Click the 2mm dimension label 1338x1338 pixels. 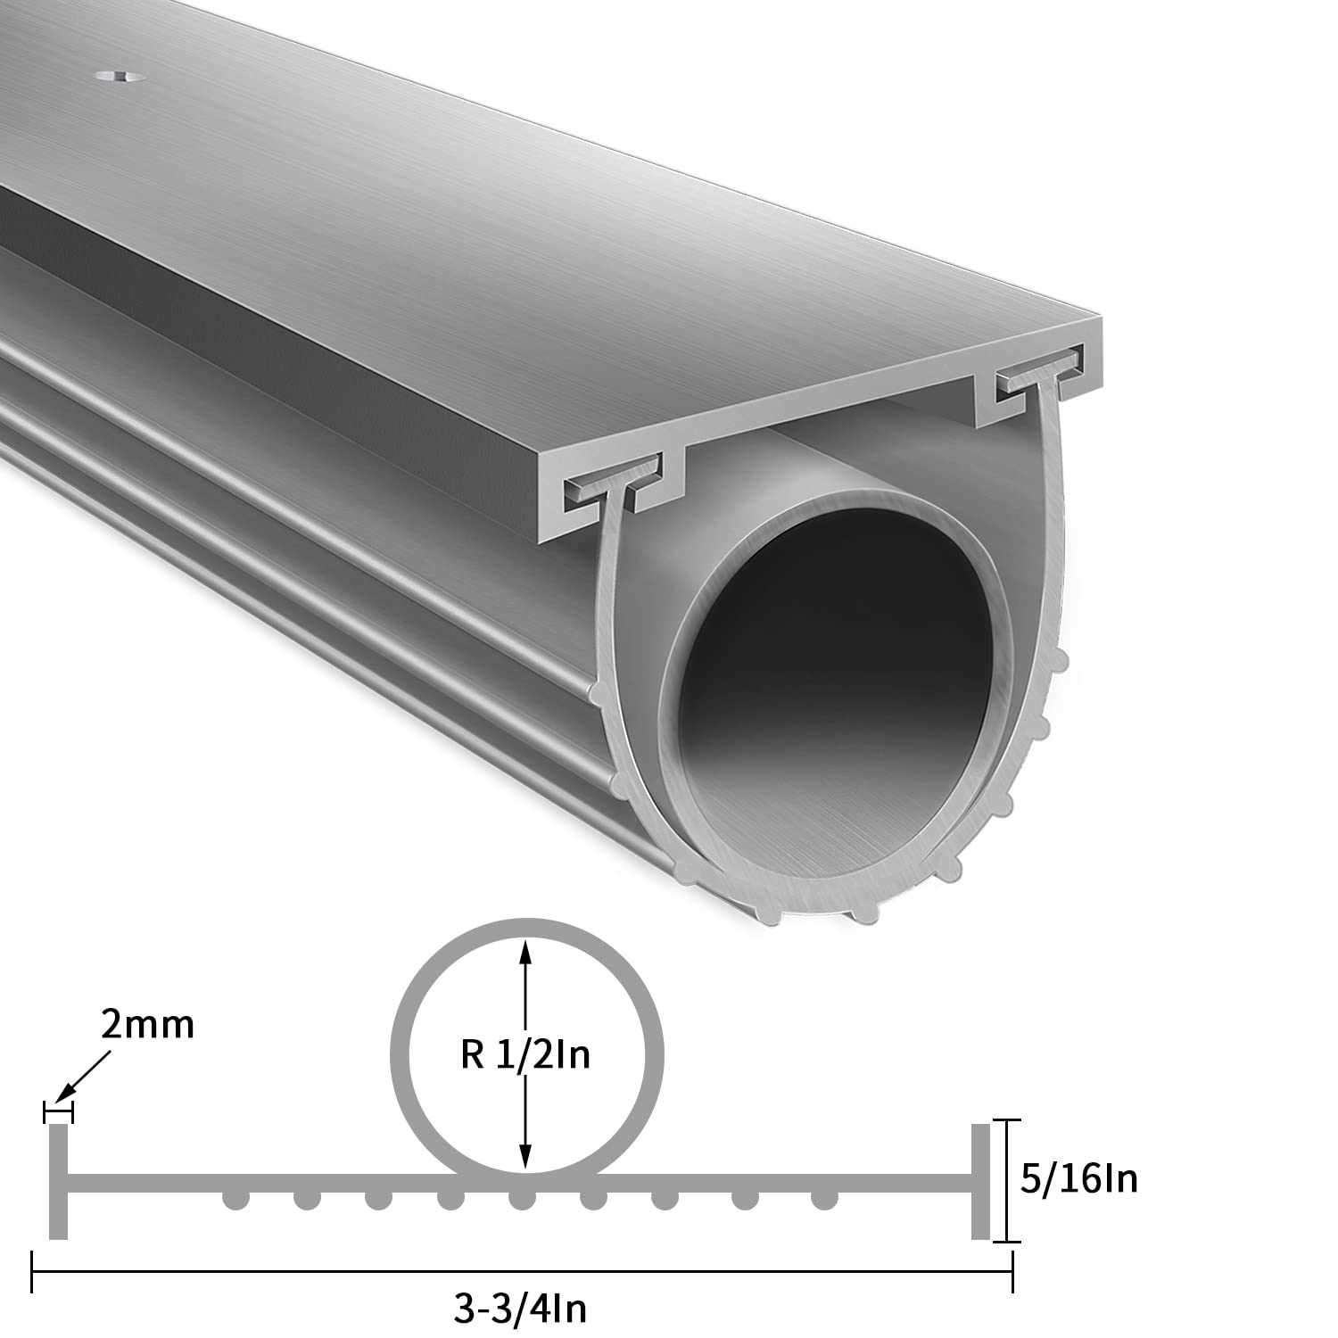pyautogui.click(x=147, y=1025)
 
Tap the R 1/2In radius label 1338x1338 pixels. pyautogui.click(x=526, y=1056)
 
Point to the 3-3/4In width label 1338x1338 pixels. pyautogui.click(x=521, y=1310)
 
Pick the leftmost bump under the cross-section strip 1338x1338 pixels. pyautogui.click(x=235, y=1200)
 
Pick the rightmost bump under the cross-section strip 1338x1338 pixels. pyautogui.click(x=821, y=1200)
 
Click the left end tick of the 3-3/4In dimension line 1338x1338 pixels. pyautogui.click(x=33, y=1270)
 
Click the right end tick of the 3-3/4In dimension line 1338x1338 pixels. pyautogui.click(x=1012, y=1270)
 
